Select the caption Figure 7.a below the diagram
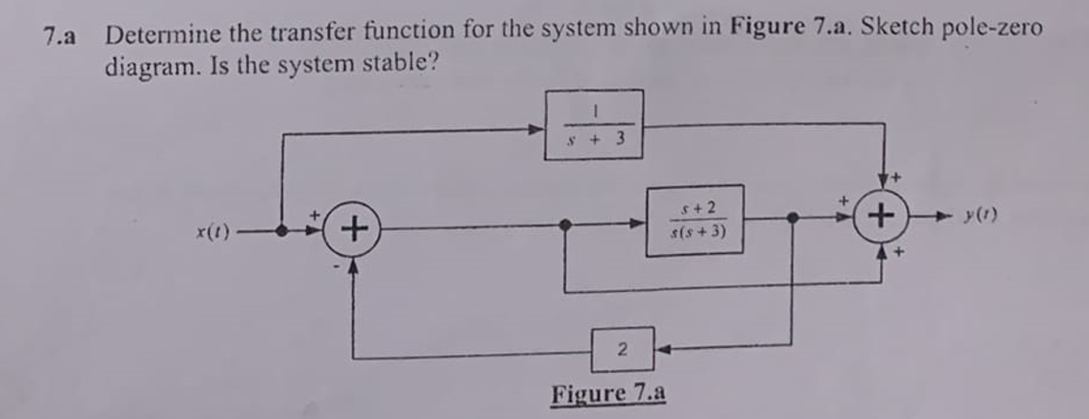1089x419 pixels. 608,394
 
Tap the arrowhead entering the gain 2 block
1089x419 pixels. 661,348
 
